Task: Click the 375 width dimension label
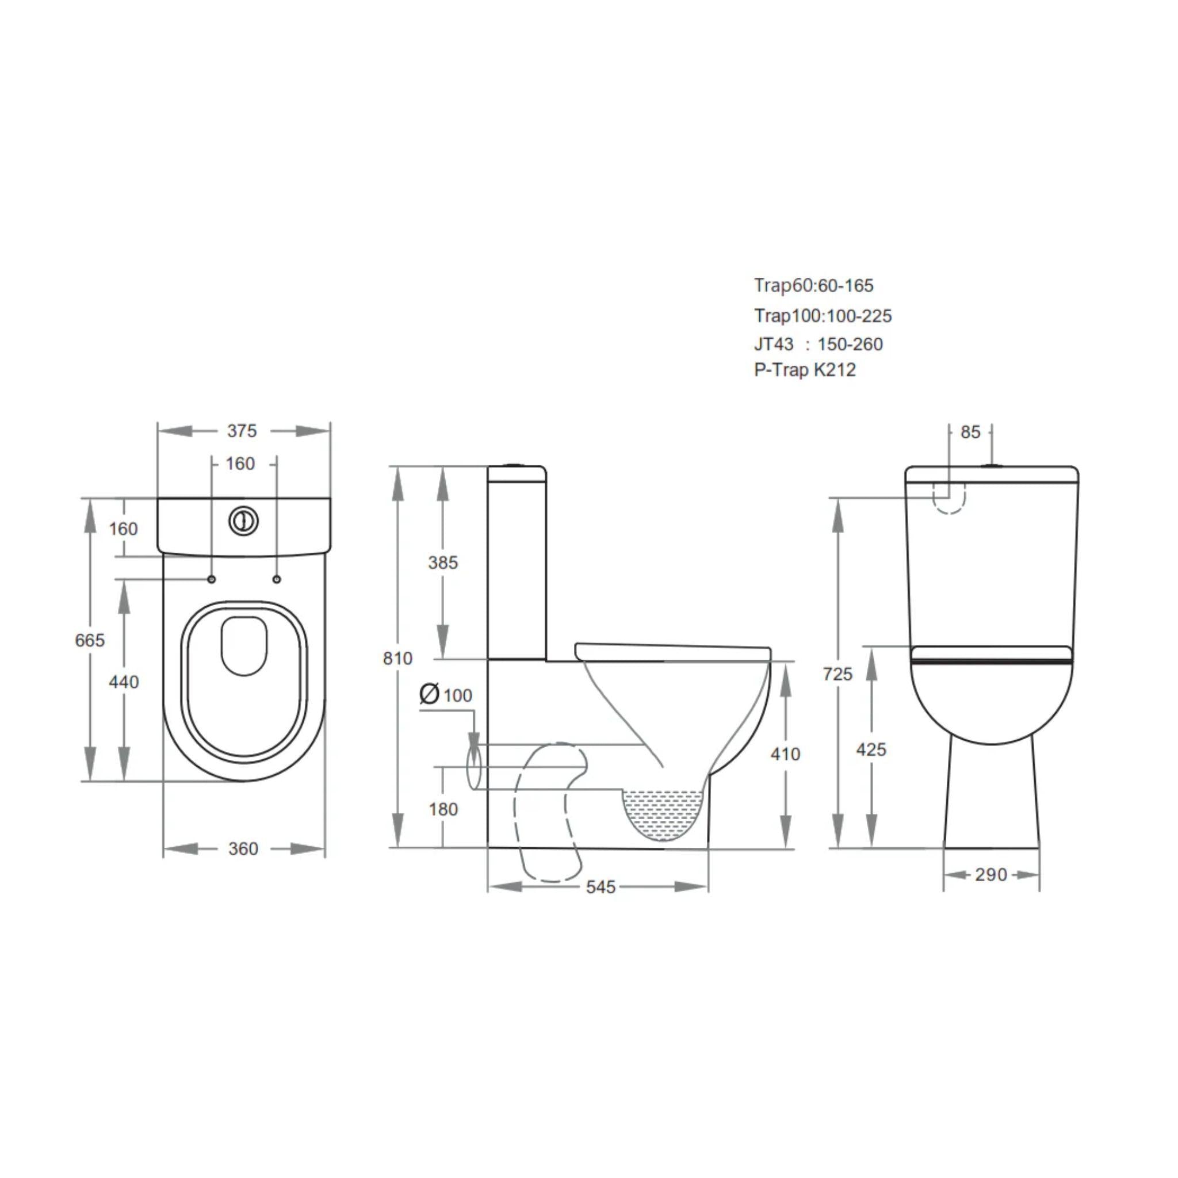point(242,431)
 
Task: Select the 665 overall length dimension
point(90,640)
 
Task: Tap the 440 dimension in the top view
point(124,682)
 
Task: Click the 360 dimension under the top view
point(243,849)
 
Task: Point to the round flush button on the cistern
point(243,521)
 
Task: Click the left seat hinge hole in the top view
point(212,579)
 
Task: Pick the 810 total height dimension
point(397,658)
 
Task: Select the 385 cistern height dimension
point(443,562)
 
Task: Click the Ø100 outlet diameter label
point(446,694)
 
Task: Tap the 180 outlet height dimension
point(443,809)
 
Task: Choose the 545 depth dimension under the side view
point(601,886)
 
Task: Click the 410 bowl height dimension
point(785,754)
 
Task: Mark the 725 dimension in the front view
point(837,674)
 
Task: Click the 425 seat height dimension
point(871,749)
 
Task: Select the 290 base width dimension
point(991,874)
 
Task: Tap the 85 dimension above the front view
point(970,432)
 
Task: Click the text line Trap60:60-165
point(813,285)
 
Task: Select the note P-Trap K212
point(804,369)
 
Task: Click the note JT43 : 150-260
point(818,344)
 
